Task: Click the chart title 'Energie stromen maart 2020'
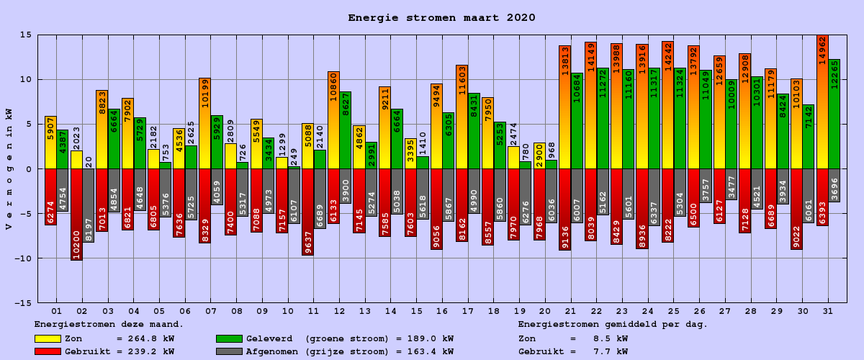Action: coord(441,18)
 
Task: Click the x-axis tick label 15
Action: coord(416,310)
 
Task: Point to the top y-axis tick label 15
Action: coord(24,35)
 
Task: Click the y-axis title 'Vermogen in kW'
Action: coord(9,168)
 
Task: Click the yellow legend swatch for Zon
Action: coord(48,338)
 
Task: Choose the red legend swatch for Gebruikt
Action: coord(48,351)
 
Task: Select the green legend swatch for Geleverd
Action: coord(229,338)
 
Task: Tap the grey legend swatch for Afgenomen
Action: coord(229,351)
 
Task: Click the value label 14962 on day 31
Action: coord(822,50)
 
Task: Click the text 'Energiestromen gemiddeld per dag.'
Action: coord(613,325)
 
